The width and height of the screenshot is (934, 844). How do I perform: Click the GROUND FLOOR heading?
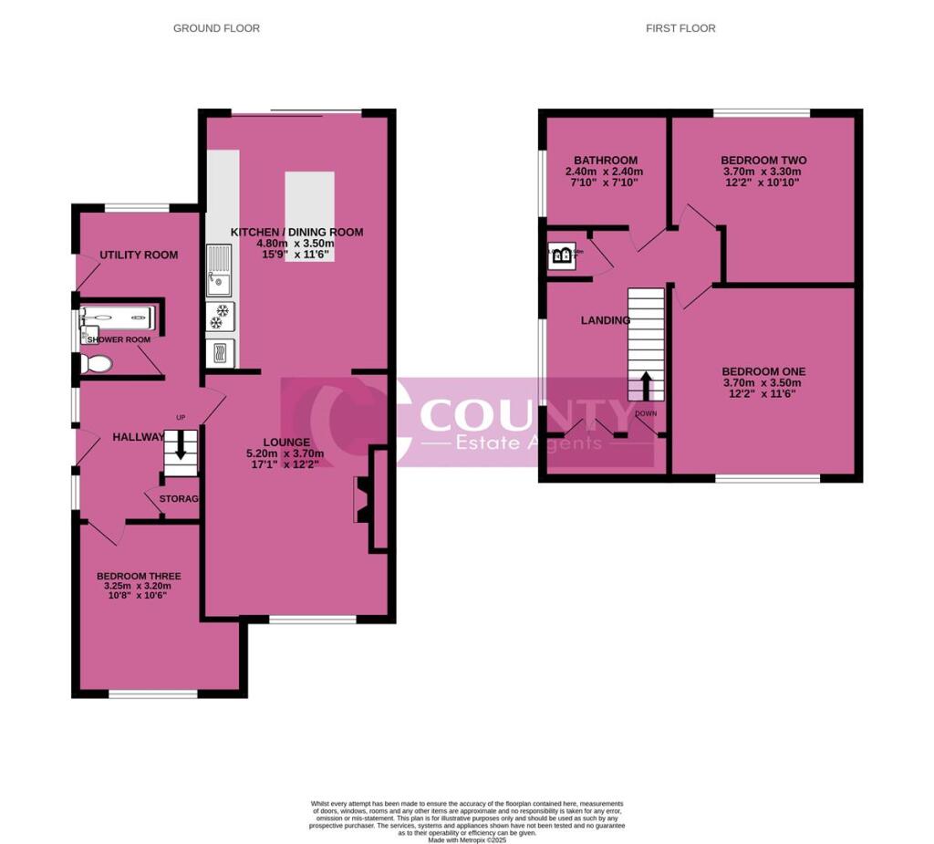tap(216, 28)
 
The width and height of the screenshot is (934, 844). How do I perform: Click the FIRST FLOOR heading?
tap(680, 28)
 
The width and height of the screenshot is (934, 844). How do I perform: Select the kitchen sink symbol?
tap(220, 270)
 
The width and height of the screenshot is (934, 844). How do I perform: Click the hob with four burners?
tap(220, 316)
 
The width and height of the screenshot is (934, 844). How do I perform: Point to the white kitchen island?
tap(310, 217)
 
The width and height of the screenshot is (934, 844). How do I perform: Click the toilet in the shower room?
tap(94, 364)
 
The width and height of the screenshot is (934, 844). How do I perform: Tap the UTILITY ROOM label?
tap(139, 255)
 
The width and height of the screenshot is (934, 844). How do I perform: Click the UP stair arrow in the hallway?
tap(180, 445)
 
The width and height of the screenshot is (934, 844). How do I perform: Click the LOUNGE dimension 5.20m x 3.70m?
tap(285, 453)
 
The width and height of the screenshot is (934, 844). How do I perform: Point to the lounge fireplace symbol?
tap(361, 500)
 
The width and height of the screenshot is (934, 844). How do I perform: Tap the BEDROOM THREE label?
tap(139, 576)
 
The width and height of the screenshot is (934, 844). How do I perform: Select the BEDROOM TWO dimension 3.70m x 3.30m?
tap(763, 172)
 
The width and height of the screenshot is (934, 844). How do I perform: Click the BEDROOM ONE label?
tap(763, 370)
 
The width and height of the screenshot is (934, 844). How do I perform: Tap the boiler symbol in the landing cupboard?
tap(561, 256)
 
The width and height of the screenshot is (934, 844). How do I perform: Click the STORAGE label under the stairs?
tap(179, 499)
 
